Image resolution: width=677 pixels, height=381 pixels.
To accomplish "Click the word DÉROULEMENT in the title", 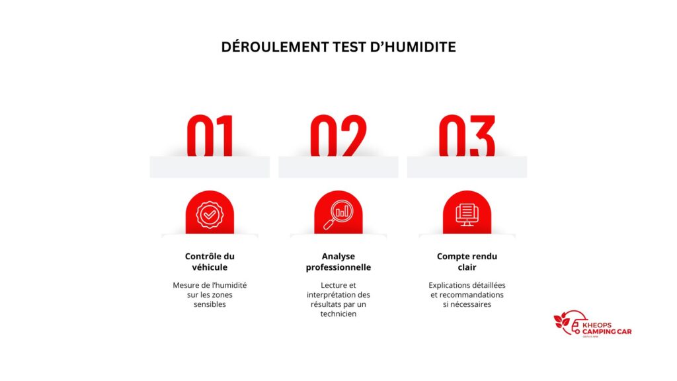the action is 275,47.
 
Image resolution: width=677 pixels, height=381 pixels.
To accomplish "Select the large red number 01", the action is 210,136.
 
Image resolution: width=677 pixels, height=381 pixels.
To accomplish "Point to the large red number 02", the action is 338,136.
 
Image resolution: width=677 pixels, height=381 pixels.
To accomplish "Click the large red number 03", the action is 467,136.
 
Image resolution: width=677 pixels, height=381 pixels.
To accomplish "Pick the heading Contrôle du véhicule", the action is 210,262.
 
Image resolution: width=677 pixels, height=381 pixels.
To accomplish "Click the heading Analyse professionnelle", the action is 338,262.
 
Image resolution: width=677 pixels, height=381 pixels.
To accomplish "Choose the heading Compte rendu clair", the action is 467,262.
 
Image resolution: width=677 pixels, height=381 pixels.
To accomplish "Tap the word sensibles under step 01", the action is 210,304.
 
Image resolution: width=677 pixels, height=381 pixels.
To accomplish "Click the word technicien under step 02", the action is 338,314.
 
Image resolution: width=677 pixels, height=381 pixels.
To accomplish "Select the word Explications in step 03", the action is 447,285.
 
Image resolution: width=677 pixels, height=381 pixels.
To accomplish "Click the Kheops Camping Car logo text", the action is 607,329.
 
